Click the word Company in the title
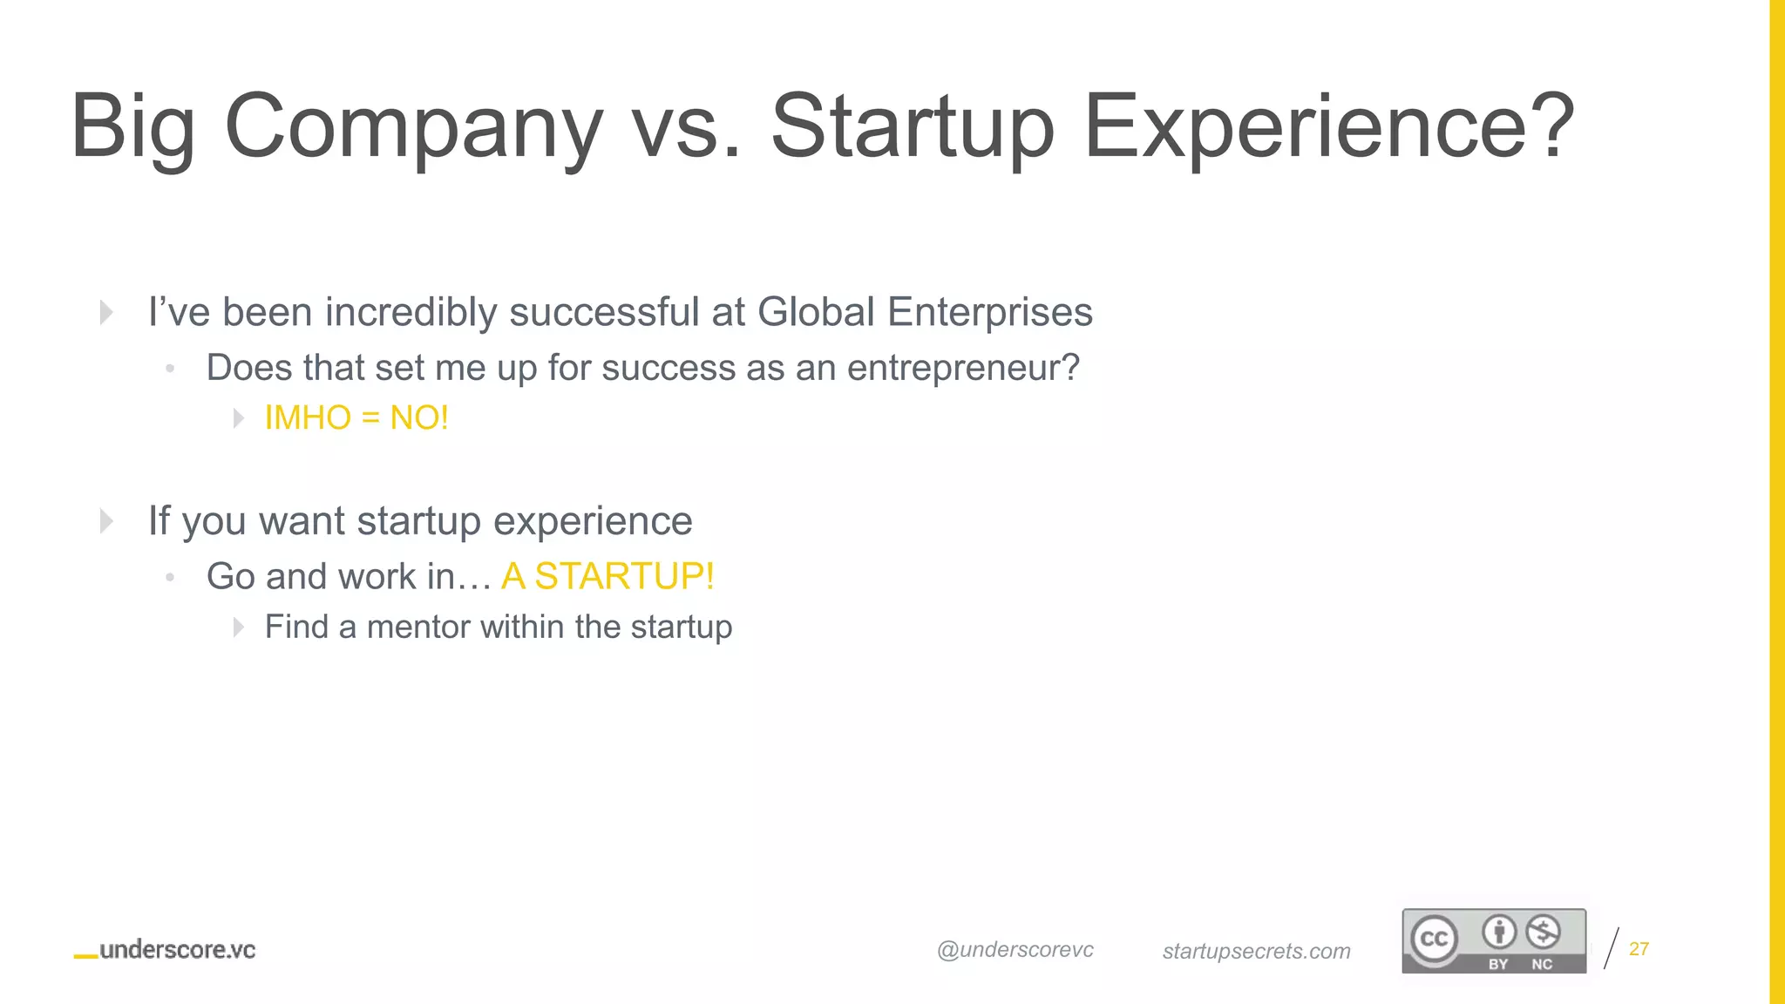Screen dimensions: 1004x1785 pyautogui.click(x=413, y=127)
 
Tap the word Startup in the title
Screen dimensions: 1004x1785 pyautogui.click(x=912, y=127)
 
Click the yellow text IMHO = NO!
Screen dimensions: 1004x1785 pyautogui.click(x=356, y=418)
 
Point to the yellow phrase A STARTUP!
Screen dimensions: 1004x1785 pyautogui.click(x=607, y=576)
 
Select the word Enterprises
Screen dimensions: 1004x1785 pyautogui.click(x=989, y=312)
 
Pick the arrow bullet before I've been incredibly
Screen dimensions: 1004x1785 pyautogui.click(x=106, y=312)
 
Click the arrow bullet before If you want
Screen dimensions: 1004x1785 pyautogui.click(x=106, y=521)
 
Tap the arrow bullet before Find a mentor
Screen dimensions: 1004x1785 pyautogui.click(x=239, y=627)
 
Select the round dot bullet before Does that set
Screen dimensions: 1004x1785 pyautogui.click(x=170, y=369)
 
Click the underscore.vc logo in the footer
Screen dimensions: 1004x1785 pyautogui.click(x=166, y=950)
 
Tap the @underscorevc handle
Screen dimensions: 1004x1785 pyautogui.click(x=1015, y=950)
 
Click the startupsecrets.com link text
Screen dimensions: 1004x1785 pyautogui.click(x=1256, y=951)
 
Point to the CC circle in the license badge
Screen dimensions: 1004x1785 pyautogui.click(x=1435, y=939)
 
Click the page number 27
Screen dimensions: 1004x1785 pyautogui.click(x=1639, y=948)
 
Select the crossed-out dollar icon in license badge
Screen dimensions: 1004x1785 pyautogui.click(x=1543, y=933)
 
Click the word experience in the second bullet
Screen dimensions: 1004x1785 pyautogui.click(x=593, y=521)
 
